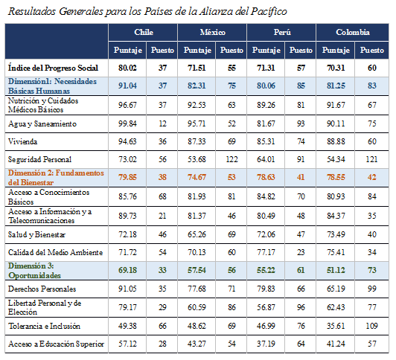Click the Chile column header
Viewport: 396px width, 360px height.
pos(144,32)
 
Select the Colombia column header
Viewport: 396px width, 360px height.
pos(353,32)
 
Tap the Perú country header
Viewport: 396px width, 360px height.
pos(282,32)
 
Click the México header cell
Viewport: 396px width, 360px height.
pos(212,32)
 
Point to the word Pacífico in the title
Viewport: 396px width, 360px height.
pos(269,12)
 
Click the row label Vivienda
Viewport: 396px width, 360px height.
pos(23,141)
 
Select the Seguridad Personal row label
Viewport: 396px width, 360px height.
pos(39,159)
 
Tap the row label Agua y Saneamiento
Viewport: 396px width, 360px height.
pos(42,124)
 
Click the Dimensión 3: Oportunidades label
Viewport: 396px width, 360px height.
pos(34,271)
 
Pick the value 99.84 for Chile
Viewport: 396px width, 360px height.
pos(127,124)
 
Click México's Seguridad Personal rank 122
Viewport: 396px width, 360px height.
pos(231,159)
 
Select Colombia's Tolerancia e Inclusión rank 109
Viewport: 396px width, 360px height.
pos(371,326)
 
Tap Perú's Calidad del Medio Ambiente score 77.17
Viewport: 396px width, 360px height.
pos(266,252)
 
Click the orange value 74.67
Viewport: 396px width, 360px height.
pos(197,177)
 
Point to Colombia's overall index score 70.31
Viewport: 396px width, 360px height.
pos(336,68)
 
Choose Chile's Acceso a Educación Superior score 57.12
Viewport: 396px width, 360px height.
pos(127,344)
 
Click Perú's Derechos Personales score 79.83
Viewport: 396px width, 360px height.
pos(266,289)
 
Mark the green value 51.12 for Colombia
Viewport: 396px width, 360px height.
pos(336,271)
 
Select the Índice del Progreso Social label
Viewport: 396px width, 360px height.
pos(53,68)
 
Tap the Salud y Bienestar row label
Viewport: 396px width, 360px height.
pos(36,234)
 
